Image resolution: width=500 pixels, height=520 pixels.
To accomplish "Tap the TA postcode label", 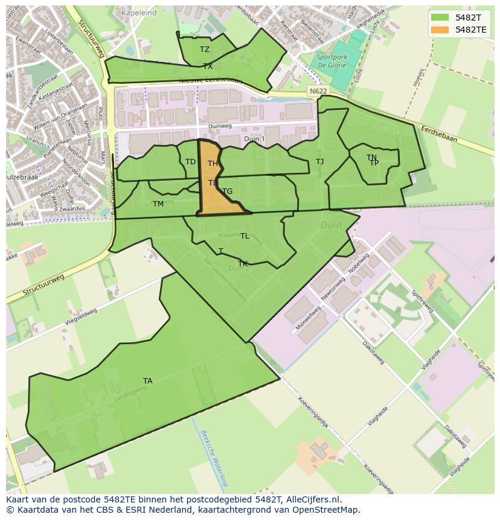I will coord(148,380).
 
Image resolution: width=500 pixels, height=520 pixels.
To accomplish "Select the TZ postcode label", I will coord(205,50).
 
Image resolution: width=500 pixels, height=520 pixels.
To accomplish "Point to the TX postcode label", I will coord(208,66).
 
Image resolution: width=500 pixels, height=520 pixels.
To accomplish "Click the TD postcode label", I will coord(190,162).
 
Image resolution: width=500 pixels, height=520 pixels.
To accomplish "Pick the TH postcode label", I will coord(213,164).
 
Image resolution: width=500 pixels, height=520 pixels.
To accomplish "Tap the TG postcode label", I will coord(227,191).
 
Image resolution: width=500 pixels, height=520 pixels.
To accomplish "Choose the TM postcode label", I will coord(158,204).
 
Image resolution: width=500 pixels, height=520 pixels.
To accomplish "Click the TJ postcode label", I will coord(320,162).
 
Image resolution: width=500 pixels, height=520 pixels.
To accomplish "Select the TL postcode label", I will coord(245,236).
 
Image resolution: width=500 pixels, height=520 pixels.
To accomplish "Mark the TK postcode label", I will coord(243,264).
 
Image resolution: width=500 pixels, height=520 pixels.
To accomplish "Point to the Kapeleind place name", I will coord(139,13).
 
